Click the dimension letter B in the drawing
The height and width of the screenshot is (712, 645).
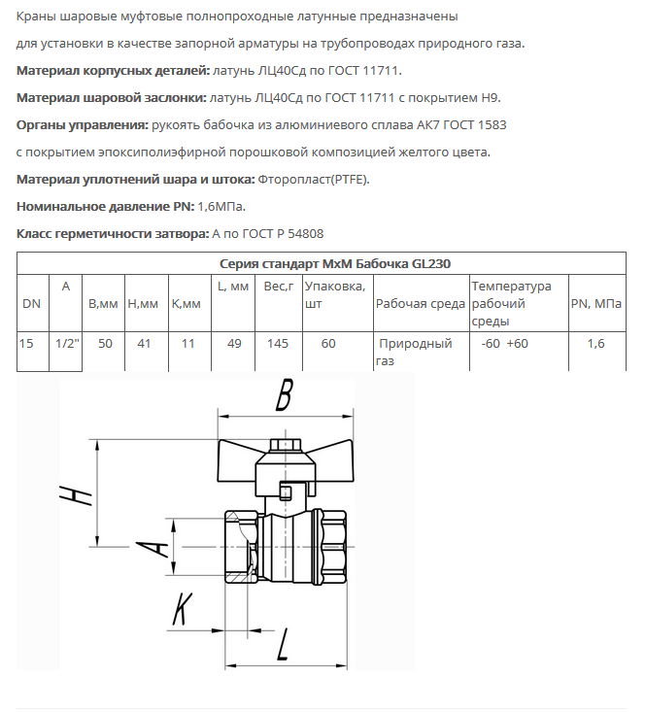[284, 395]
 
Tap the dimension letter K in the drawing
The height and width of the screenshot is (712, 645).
[181, 610]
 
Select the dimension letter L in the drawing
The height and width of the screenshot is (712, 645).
[284, 644]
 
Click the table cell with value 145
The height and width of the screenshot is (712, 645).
[278, 344]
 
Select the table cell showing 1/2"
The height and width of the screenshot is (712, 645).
[66, 344]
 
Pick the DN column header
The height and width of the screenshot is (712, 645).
[31, 304]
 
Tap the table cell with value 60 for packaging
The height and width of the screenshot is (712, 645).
[328, 344]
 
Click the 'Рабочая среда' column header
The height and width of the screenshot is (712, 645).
[420, 304]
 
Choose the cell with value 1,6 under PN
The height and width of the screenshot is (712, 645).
[595, 344]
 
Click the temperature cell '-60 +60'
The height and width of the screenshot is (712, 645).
[504, 344]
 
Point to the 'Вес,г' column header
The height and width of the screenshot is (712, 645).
[279, 287]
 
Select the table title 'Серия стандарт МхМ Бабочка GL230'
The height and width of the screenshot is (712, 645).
[322, 263]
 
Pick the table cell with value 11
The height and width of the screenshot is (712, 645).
[188, 344]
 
